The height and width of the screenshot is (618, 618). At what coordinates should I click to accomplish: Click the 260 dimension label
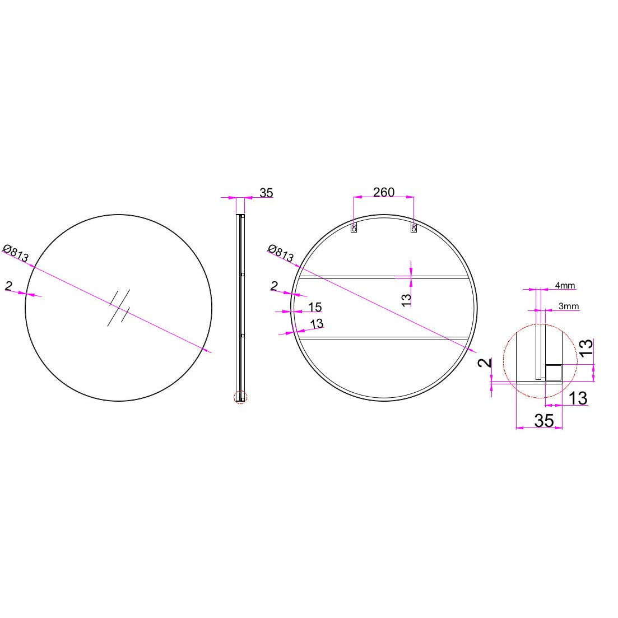tap(383, 192)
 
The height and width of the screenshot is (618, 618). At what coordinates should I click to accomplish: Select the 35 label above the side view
tap(266, 193)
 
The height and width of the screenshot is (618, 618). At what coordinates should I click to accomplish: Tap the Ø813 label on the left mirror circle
tap(16, 253)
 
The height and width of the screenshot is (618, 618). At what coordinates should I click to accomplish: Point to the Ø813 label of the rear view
tap(281, 253)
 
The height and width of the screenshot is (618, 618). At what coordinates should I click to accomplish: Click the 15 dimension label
tap(315, 306)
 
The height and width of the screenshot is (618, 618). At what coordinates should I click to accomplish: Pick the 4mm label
tap(565, 285)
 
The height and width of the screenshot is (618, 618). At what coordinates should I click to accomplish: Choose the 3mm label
tap(568, 306)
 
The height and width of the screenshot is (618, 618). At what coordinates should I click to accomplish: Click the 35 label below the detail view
tap(544, 421)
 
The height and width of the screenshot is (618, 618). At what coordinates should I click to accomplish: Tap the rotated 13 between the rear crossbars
tap(406, 300)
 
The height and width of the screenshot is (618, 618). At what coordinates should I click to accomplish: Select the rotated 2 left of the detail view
tap(485, 363)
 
